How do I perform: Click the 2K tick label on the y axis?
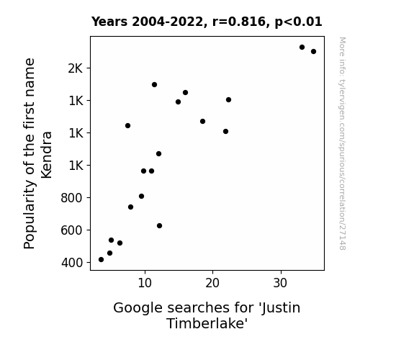click(x=76, y=68)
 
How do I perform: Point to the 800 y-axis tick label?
click(x=71, y=198)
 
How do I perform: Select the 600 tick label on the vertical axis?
click(x=71, y=230)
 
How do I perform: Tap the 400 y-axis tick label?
click(x=72, y=263)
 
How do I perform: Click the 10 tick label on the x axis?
click(x=145, y=283)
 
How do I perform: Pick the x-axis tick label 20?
click(x=212, y=283)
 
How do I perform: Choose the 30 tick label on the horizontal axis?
click(x=280, y=283)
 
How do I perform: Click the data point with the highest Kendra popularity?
click(x=302, y=48)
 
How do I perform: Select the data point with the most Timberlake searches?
click(x=313, y=52)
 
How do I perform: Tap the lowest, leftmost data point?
click(x=101, y=260)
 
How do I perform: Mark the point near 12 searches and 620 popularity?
click(x=159, y=226)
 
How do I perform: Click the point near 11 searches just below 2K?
click(x=155, y=85)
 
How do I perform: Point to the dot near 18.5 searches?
click(x=202, y=122)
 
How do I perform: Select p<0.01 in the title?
click(x=298, y=22)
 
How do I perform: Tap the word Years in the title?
click(x=109, y=22)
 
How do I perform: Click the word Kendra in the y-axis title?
click(x=47, y=155)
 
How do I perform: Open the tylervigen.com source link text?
click(x=342, y=143)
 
